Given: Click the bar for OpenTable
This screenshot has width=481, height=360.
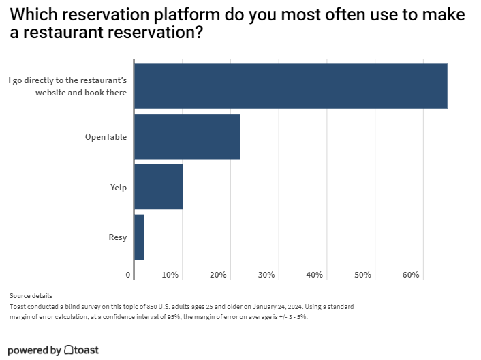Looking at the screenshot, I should [x=187, y=136].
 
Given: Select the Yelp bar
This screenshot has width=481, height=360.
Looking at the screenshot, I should [x=159, y=187].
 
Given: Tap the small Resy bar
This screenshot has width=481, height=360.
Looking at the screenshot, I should [x=139, y=237].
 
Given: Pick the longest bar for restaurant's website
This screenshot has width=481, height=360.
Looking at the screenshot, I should [x=291, y=86].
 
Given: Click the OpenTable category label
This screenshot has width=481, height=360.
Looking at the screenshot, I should [x=106, y=137].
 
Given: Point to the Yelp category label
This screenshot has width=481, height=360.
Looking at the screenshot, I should [x=119, y=187].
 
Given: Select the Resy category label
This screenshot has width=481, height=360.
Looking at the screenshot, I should [x=118, y=237].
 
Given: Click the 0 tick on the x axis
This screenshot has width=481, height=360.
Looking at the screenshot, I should [x=128, y=275].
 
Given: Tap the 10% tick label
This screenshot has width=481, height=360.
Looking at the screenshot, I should [x=170, y=275].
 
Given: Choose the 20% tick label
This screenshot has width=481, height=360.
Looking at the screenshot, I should [x=218, y=275].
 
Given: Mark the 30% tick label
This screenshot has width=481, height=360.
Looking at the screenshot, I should [x=266, y=275].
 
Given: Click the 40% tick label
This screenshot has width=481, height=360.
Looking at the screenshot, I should [x=314, y=275].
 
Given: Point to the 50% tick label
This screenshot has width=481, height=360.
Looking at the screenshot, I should [x=362, y=275].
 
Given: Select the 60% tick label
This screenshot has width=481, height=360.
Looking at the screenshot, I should [x=411, y=275].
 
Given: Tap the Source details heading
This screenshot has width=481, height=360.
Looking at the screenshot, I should [x=31, y=296].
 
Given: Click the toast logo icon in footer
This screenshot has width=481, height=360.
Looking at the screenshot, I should [x=69, y=350].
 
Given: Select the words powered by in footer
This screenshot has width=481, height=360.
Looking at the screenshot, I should [x=34, y=350].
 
